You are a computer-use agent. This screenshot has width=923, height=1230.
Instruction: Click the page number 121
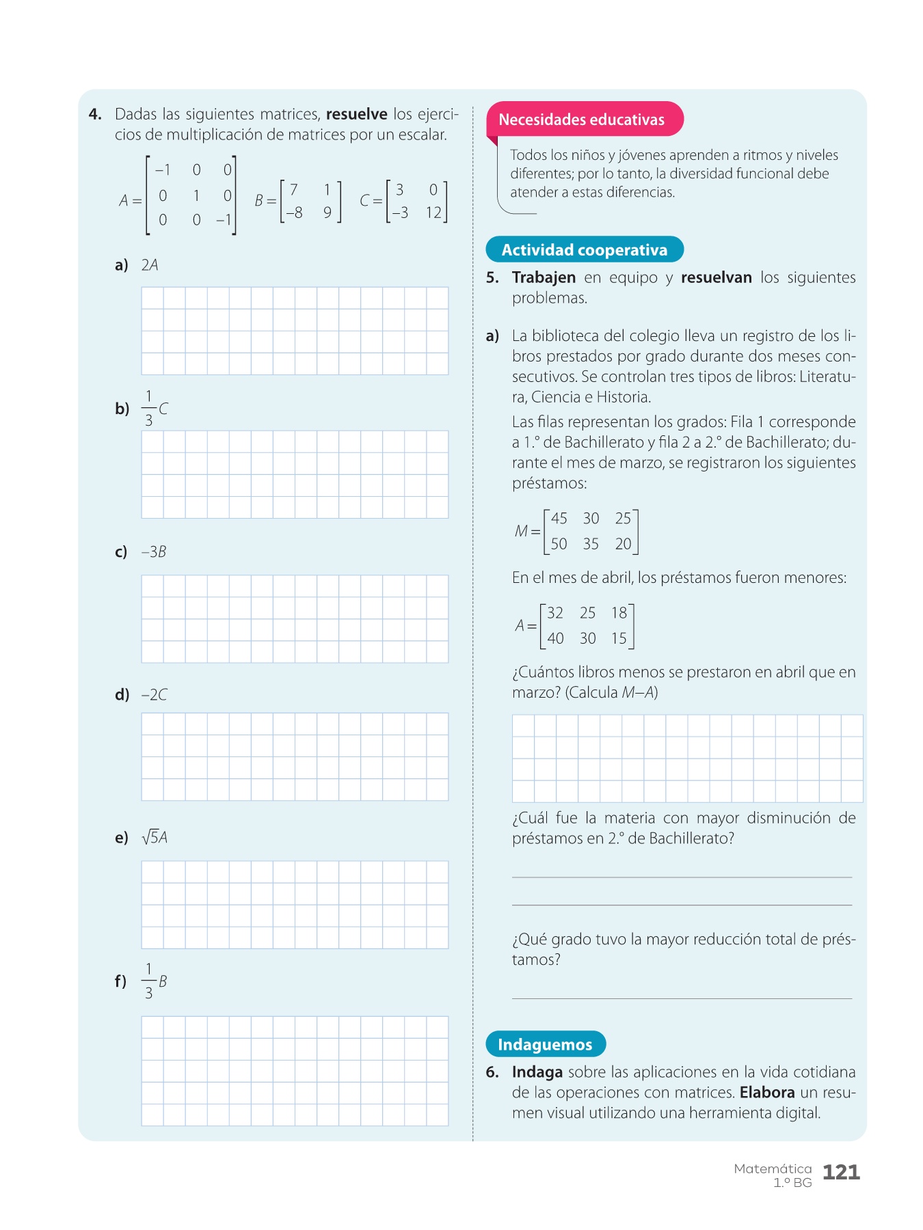click(841, 1173)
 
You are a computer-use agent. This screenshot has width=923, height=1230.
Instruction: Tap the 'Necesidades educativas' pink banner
click(581, 120)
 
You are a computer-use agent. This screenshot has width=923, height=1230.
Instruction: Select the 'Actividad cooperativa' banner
click(584, 250)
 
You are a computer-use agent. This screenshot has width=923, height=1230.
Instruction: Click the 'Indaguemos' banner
click(545, 1044)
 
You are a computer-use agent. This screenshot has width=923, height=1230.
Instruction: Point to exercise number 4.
click(95, 114)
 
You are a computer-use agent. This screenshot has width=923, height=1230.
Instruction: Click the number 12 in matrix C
click(433, 213)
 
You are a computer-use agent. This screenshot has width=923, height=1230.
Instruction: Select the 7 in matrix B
click(294, 189)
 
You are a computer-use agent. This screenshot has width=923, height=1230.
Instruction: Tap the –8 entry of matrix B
click(294, 213)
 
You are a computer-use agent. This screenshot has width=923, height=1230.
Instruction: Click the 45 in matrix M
click(559, 519)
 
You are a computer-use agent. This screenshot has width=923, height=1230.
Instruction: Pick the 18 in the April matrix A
click(619, 613)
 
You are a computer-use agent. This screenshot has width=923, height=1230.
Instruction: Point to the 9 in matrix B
click(327, 213)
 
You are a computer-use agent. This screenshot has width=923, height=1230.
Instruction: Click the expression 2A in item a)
click(150, 265)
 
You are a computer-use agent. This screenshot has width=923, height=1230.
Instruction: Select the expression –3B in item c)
click(154, 552)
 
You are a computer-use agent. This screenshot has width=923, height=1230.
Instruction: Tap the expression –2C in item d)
click(154, 695)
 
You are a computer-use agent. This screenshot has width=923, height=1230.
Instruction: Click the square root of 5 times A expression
click(155, 837)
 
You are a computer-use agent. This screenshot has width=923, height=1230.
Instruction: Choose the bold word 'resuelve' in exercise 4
click(356, 114)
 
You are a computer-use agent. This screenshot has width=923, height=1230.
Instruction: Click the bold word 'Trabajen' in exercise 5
click(544, 277)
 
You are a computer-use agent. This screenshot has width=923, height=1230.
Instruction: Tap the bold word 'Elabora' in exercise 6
click(767, 1092)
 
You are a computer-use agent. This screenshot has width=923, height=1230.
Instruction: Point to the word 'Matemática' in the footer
click(773, 1168)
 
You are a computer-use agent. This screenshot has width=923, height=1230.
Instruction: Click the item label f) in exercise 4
click(120, 981)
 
